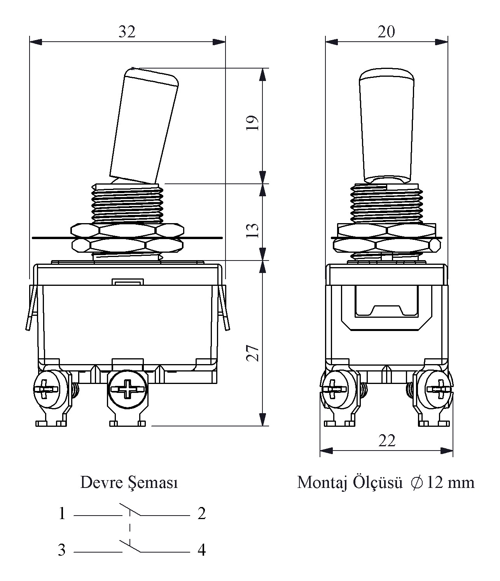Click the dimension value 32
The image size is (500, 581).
127,32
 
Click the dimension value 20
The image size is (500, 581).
386,32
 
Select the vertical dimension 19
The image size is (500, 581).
252,123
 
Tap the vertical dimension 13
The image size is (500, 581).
252,231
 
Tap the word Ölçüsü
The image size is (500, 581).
378,483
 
